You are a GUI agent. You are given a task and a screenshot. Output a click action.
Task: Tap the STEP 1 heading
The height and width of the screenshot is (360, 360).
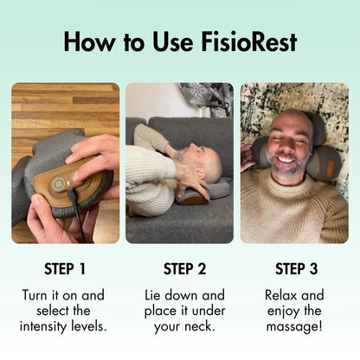pyautogui.click(x=65, y=269)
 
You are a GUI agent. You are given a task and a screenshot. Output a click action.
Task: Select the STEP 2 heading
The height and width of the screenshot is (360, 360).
pyautogui.click(x=179, y=269)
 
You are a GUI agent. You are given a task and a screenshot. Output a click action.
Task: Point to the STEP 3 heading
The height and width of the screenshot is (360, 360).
pyautogui.click(x=294, y=269)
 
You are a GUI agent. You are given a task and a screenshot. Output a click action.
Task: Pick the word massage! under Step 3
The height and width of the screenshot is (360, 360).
pyautogui.click(x=294, y=326)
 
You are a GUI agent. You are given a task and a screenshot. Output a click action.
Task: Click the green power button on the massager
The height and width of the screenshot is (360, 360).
pyautogui.click(x=58, y=182)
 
